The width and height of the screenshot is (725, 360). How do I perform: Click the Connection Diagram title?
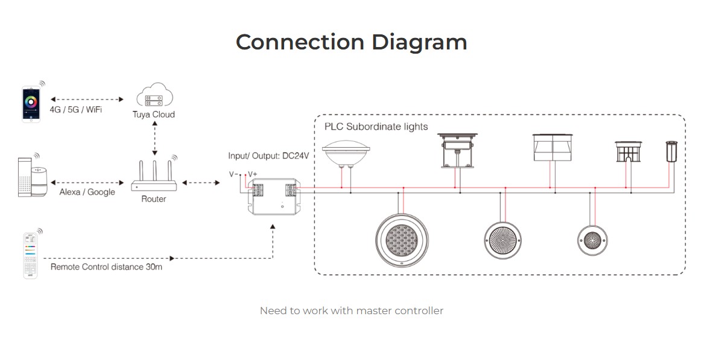click(351, 42)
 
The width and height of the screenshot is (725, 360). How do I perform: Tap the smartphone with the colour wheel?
click(31, 104)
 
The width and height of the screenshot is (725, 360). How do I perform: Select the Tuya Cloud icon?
click(154, 96)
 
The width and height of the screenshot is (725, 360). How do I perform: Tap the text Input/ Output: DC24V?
click(268, 156)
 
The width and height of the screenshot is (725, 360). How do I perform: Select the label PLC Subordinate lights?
click(376, 127)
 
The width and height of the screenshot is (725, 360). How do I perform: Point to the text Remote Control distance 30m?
click(106, 267)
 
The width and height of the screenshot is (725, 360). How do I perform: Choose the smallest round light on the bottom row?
click(590, 239)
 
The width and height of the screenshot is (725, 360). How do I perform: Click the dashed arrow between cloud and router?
click(155, 137)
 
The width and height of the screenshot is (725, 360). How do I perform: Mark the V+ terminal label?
click(252, 174)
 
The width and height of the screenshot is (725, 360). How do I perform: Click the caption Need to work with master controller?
click(351, 311)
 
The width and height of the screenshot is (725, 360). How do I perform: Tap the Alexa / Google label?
click(87, 192)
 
